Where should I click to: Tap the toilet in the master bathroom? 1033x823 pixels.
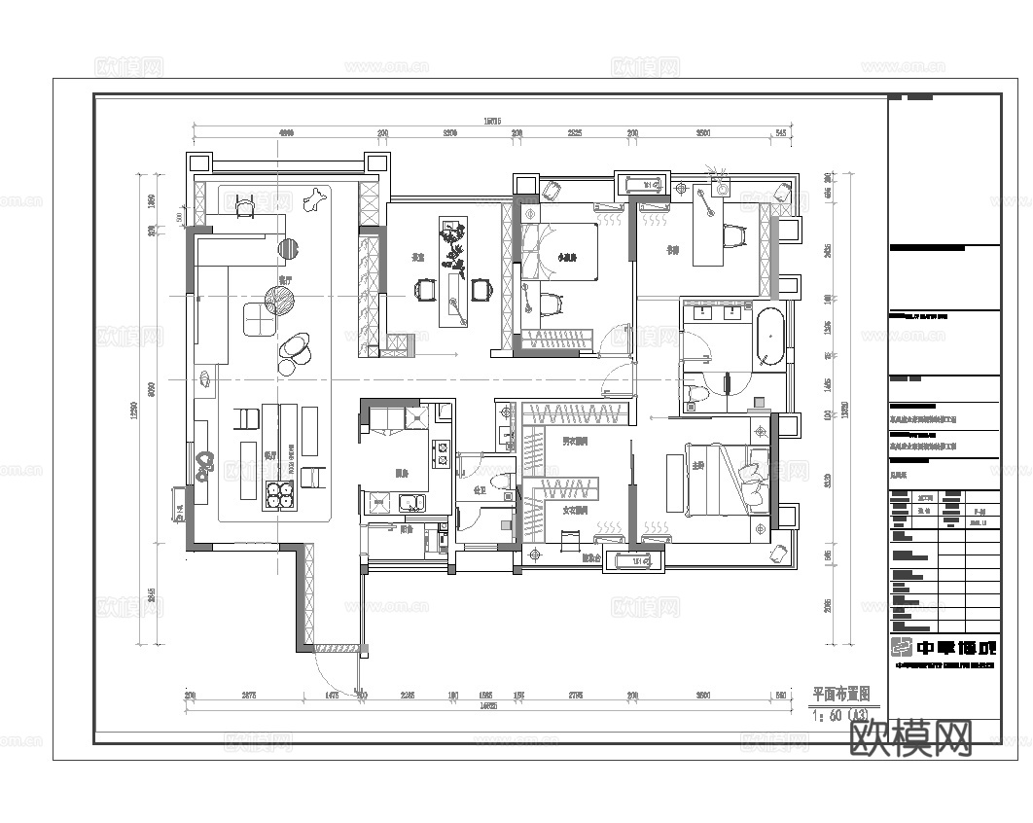click(x=695, y=394)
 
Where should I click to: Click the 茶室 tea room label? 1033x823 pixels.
click(x=417, y=258)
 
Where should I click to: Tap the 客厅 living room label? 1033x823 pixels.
click(x=284, y=279)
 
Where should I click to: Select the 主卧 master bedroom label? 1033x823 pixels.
click(x=697, y=465)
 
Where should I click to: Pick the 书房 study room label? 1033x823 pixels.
click(x=671, y=248)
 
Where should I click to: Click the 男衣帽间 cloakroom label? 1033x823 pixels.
click(x=574, y=442)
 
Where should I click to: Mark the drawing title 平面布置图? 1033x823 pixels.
click(x=840, y=695)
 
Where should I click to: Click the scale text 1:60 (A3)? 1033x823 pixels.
click(x=840, y=715)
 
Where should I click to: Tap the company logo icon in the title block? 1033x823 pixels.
click(x=904, y=647)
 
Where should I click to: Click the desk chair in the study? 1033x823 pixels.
click(x=736, y=234)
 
